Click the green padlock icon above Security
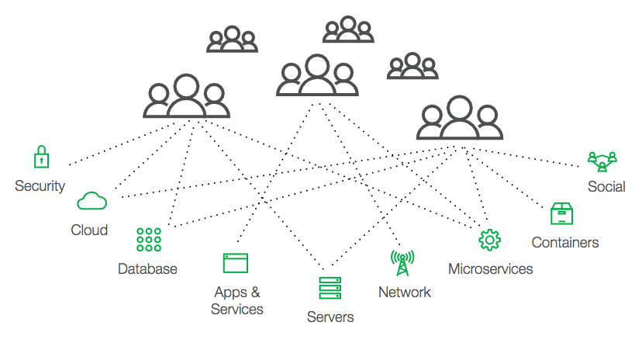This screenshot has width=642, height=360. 40,157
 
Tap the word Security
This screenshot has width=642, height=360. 40,186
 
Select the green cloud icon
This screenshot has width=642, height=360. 91,201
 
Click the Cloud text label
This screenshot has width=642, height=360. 89,230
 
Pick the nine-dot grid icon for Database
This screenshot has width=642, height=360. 148,240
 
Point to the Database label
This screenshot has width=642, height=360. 147,269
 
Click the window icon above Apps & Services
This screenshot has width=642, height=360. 235,263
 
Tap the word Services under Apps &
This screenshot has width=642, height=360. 237,310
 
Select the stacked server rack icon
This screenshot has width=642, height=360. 330,288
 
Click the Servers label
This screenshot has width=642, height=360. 330,317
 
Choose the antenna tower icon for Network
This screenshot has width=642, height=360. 402,263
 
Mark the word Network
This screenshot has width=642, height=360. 404,292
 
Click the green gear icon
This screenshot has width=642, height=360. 489,240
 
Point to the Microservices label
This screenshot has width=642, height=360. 491,269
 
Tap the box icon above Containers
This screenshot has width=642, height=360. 561,214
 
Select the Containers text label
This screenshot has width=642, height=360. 565,243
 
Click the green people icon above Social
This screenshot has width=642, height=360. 602,161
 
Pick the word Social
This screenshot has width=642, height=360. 606,187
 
